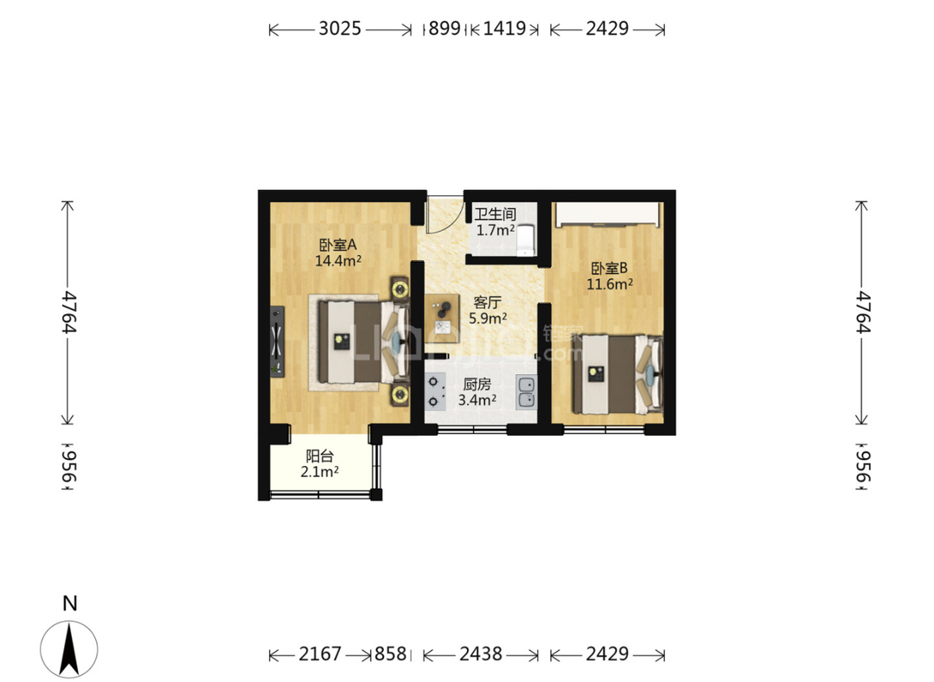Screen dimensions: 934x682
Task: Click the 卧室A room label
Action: pos(338,245)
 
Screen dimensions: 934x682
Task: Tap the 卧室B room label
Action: pos(610,269)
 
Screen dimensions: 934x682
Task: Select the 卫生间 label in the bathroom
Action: pos(495,214)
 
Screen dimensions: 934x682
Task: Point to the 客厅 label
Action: pos(487,303)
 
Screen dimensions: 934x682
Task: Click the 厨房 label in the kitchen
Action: pos(477,385)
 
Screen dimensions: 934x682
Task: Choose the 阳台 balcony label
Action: pos(319,456)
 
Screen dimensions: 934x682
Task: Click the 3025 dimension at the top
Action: pos(340,28)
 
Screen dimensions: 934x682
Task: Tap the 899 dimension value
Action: pos(445,28)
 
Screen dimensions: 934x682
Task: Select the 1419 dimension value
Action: pos(504,28)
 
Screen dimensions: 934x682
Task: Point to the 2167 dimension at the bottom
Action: pos(320,654)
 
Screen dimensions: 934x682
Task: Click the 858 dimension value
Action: pos(390,654)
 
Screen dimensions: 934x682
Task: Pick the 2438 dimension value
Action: pos(481,654)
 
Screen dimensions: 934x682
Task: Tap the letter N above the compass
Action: pos(70,603)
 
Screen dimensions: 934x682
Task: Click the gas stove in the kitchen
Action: pos(435,391)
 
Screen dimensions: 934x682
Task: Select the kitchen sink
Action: pos(526,392)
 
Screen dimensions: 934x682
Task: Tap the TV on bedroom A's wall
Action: pos(277,341)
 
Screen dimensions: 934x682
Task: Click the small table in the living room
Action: pos(441,318)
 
